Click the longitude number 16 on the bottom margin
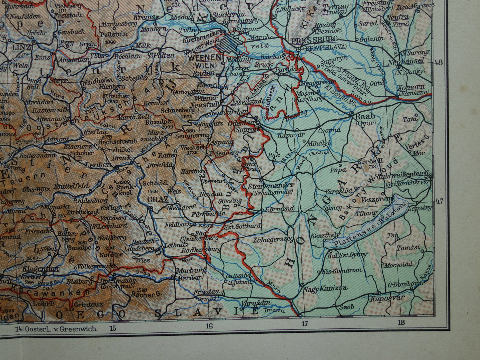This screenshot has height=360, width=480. tap(209, 326)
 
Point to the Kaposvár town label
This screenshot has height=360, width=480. tap(387, 298)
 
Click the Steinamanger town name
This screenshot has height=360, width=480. tap(271, 185)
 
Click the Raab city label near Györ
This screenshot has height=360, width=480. tap(365, 116)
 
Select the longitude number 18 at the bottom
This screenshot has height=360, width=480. tap(401, 322)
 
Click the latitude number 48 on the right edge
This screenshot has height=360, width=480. tap(438, 62)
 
